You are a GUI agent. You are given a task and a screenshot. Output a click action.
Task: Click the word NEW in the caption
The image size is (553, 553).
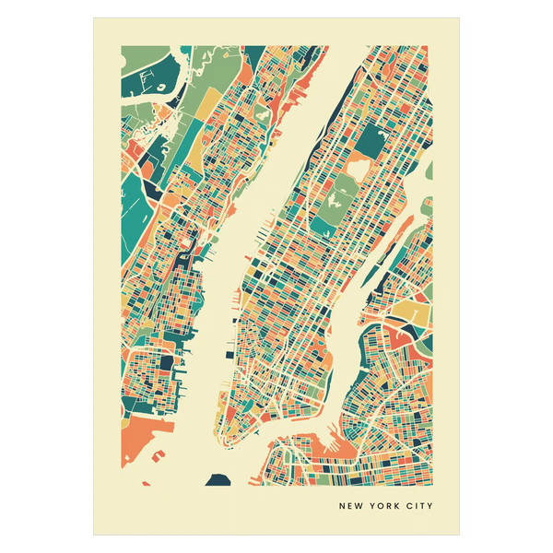pyautogui.click(x=351, y=505)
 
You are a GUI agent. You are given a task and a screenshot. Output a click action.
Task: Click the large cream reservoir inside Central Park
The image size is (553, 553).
pyautogui.click(x=336, y=190)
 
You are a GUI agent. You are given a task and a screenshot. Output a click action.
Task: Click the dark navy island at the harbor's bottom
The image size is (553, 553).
pyautogui.click(x=218, y=478)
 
